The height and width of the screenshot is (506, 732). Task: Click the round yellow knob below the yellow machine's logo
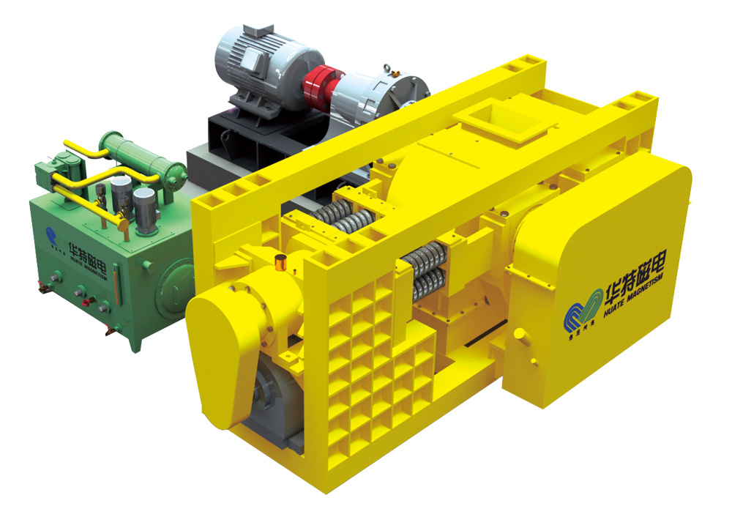tap(520, 335)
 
